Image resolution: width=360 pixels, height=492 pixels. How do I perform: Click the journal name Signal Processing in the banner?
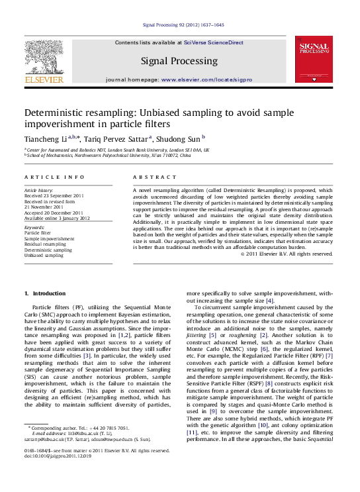point(179,61)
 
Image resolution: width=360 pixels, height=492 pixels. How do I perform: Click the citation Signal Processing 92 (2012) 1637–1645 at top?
point(180,26)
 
